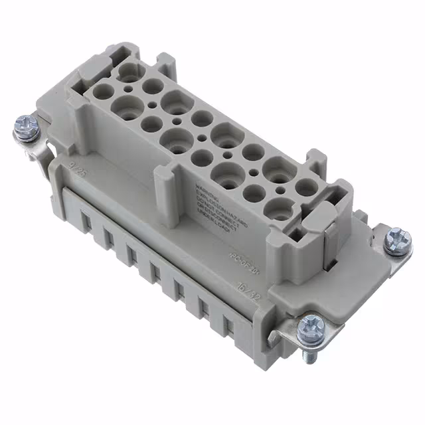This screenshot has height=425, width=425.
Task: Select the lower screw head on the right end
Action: (311, 325)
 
